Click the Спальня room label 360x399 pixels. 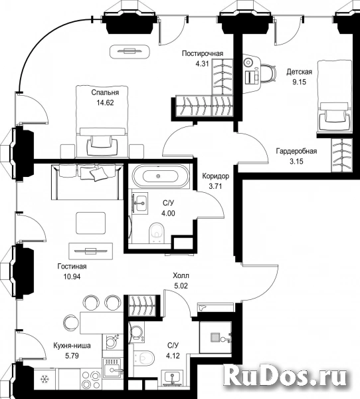(105, 92)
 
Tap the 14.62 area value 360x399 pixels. (105, 103)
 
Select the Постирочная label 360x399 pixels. (203, 53)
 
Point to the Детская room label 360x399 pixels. (300, 72)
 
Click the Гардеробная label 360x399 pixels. (296, 151)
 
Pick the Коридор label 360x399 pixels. (216, 176)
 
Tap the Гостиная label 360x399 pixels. (72, 267)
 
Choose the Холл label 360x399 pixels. (181, 275)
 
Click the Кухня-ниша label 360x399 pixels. (72, 346)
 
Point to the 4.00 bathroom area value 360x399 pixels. (168, 213)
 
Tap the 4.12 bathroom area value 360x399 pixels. (173, 356)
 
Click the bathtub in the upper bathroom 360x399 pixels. (160, 176)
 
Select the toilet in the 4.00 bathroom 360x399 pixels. (157, 233)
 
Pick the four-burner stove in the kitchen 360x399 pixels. (91, 380)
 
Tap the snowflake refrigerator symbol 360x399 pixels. (45, 380)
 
